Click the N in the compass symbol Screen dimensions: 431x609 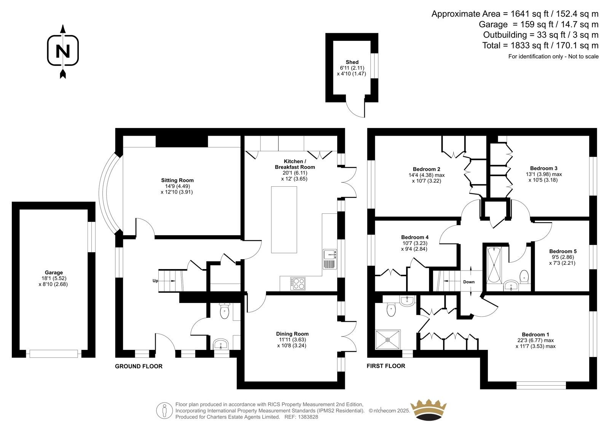[63, 51]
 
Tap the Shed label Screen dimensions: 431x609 [352, 62]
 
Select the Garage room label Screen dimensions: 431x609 [54, 272]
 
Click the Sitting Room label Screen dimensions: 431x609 [177, 180]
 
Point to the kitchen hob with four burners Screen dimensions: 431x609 [298, 284]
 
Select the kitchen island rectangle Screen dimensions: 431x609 [284, 220]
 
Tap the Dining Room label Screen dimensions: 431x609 [292, 334]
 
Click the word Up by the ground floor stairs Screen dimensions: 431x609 [155, 281]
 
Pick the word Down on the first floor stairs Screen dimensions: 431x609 [469, 282]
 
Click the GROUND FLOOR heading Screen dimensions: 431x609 [139, 366]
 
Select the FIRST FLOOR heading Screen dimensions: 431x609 [386, 366]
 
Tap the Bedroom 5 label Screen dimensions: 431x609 [563, 251]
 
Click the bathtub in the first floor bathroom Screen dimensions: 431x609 [494, 265]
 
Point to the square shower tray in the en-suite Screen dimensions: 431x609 [388, 340]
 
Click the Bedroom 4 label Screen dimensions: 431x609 [415, 237]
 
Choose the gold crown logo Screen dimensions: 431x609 [429, 410]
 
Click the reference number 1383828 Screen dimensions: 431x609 [307, 417]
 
